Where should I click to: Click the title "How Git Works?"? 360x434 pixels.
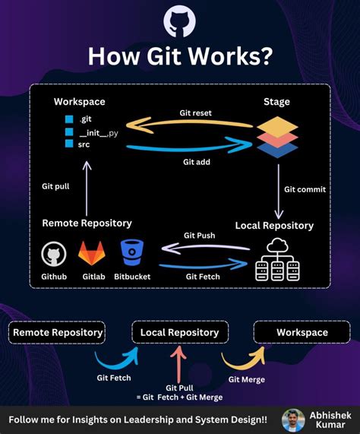(x=180, y=58)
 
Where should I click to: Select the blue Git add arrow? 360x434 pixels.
(x=190, y=144)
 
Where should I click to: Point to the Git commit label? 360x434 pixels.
(x=305, y=189)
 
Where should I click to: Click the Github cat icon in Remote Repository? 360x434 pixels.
(x=53, y=253)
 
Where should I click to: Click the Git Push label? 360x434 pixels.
(x=199, y=236)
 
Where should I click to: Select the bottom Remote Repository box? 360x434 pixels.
(x=58, y=332)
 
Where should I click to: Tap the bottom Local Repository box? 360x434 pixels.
(x=179, y=332)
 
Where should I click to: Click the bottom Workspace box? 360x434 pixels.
(x=302, y=332)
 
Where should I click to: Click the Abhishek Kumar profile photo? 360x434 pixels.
(x=293, y=419)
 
